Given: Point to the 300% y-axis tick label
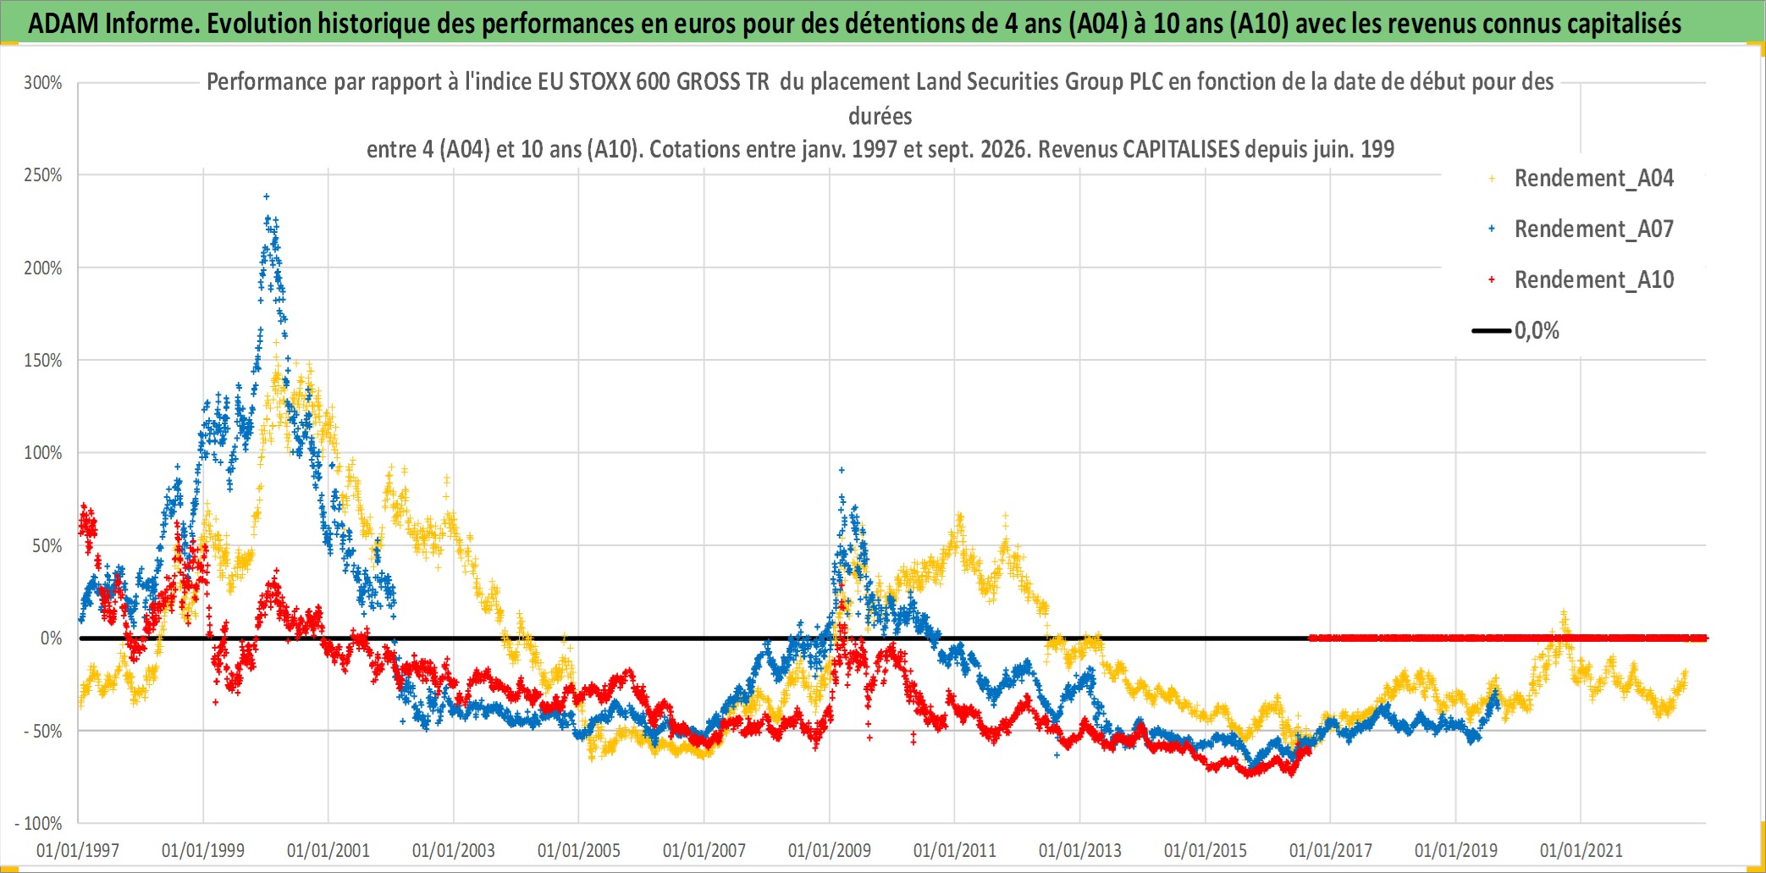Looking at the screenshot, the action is tap(43, 83).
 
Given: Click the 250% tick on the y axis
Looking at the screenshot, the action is tap(43, 175).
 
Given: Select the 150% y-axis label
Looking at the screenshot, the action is tap(43, 361).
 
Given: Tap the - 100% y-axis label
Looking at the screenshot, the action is tap(39, 823).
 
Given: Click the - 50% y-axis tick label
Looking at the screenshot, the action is tap(43, 731).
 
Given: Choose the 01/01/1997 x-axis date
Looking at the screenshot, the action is tap(78, 850).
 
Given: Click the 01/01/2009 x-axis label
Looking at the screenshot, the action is tap(830, 850).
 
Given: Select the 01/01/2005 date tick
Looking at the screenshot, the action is tap(579, 850).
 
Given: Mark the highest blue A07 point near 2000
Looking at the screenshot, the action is tap(267, 196).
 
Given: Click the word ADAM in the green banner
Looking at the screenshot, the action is tap(63, 24).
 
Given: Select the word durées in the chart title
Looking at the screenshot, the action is tap(880, 116).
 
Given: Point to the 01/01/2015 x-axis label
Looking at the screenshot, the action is tap(1206, 850).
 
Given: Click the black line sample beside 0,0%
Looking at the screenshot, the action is tap(1492, 331).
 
